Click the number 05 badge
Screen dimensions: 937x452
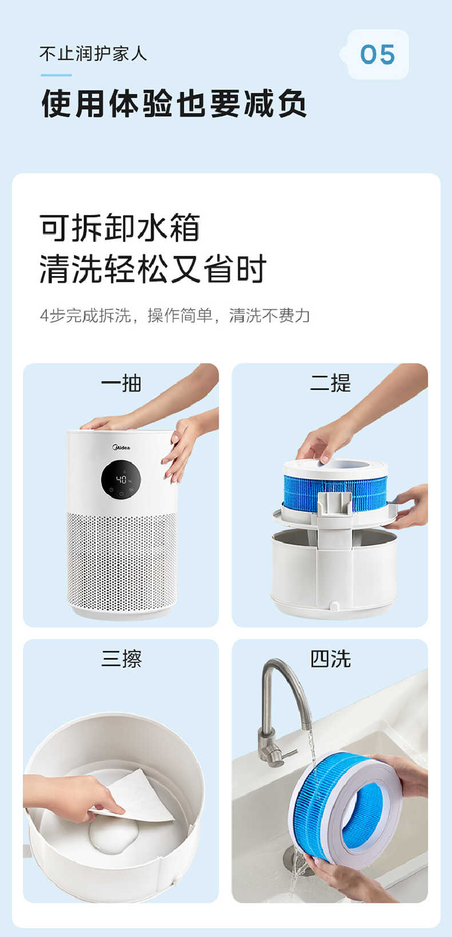pos(378,55)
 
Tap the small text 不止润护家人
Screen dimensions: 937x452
pos(93,54)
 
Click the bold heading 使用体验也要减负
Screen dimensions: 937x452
pos(174,104)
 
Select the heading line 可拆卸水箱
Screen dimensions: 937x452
pos(120,228)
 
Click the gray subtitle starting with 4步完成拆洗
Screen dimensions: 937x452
pos(175,315)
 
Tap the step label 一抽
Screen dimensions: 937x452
pos(121,383)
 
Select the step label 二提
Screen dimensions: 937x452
pos(330,383)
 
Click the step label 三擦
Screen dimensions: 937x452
pos(121,659)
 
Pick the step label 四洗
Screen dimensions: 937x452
pos(330,659)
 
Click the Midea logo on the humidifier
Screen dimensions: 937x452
pos(121,447)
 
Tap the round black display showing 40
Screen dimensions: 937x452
pos(122,480)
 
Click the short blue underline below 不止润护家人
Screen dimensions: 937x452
pos(56,75)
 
